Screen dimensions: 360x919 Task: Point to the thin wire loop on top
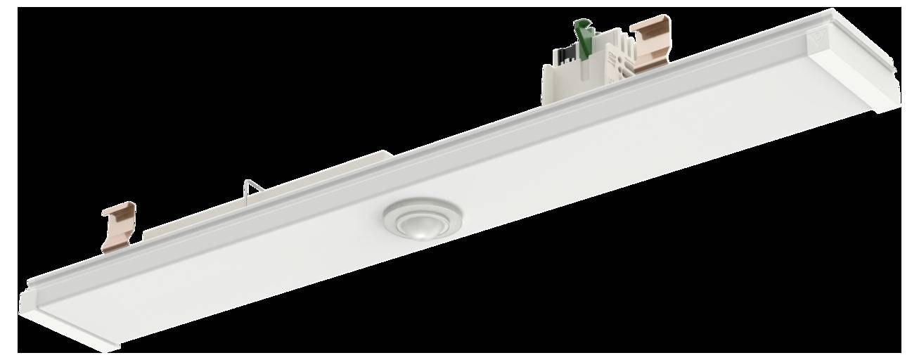coord(252,188)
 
